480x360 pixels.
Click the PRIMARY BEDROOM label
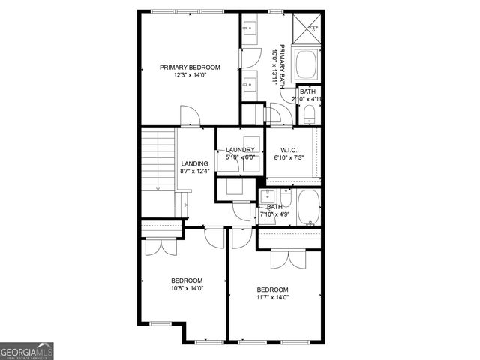coord(189,67)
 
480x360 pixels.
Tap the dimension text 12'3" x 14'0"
coord(189,75)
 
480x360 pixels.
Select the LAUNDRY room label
coord(241,150)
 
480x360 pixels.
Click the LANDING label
coord(194,163)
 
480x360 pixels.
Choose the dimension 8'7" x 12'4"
coord(194,172)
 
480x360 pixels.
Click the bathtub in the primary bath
coord(307,65)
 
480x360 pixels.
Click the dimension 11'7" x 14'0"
coord(273,297)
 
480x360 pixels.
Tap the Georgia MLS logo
coord(27,351)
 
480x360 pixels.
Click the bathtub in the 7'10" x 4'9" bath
coord(308,208)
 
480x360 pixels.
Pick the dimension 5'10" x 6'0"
coord(241,157)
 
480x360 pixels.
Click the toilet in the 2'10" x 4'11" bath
coord(310,115)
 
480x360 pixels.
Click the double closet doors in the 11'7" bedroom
coord(289,259)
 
